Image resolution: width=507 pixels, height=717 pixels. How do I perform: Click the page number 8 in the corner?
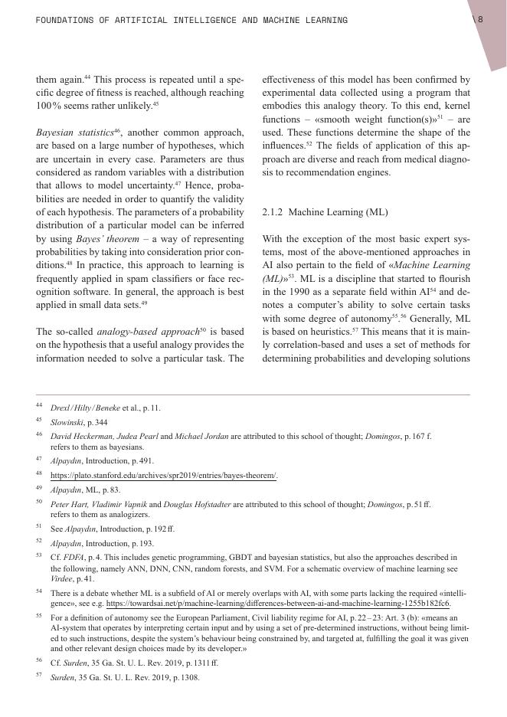[x=479, y=20]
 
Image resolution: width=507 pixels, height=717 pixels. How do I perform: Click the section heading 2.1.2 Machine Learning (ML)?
[x=325, y=211]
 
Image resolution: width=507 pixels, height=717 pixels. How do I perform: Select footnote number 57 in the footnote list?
[x=39, y=676]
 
